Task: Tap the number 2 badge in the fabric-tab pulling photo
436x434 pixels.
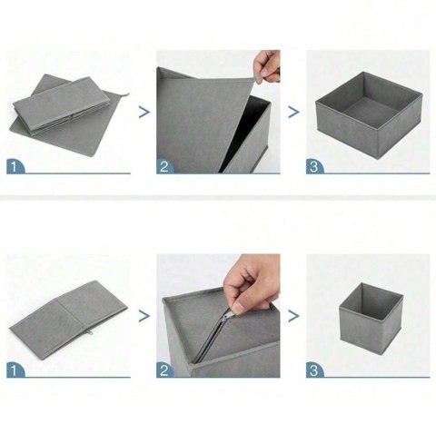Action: coord(164,166)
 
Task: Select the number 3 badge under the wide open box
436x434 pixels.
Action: coord(314,166)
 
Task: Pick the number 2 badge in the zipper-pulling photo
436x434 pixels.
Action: coord(164,370)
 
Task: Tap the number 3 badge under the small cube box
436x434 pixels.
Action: coord(314,370)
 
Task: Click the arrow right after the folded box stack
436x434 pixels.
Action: coord(144,113)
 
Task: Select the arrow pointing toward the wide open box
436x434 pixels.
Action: coord(293,113)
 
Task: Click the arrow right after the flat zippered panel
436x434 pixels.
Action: coord(144,316)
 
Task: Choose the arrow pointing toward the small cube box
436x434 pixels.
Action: coord(293,316)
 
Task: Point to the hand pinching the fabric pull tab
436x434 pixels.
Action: coord(268,66)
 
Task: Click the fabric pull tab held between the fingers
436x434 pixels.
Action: coord(257,78)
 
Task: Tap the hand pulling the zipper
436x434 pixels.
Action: coord(252,284)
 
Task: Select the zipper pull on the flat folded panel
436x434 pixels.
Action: coord(91,332)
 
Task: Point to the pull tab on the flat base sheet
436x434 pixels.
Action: coord(126,95)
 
